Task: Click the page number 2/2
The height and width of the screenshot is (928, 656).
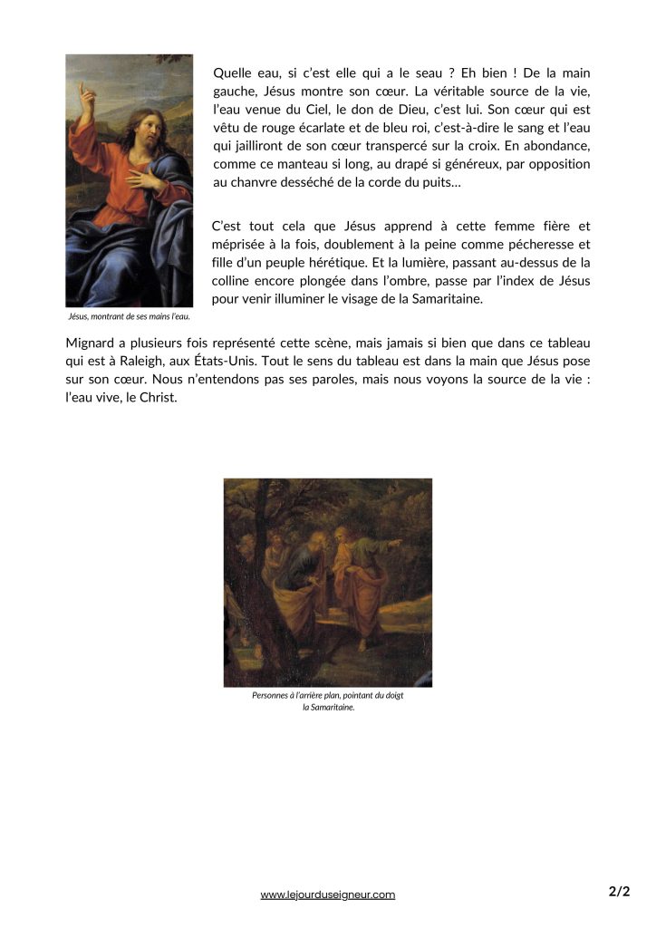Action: coord(619,892)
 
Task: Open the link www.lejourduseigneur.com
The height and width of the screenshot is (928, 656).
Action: coord(328,894)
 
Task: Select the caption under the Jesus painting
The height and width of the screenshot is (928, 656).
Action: coord(129,317)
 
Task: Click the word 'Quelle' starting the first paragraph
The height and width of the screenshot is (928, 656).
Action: coord(233,72)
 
